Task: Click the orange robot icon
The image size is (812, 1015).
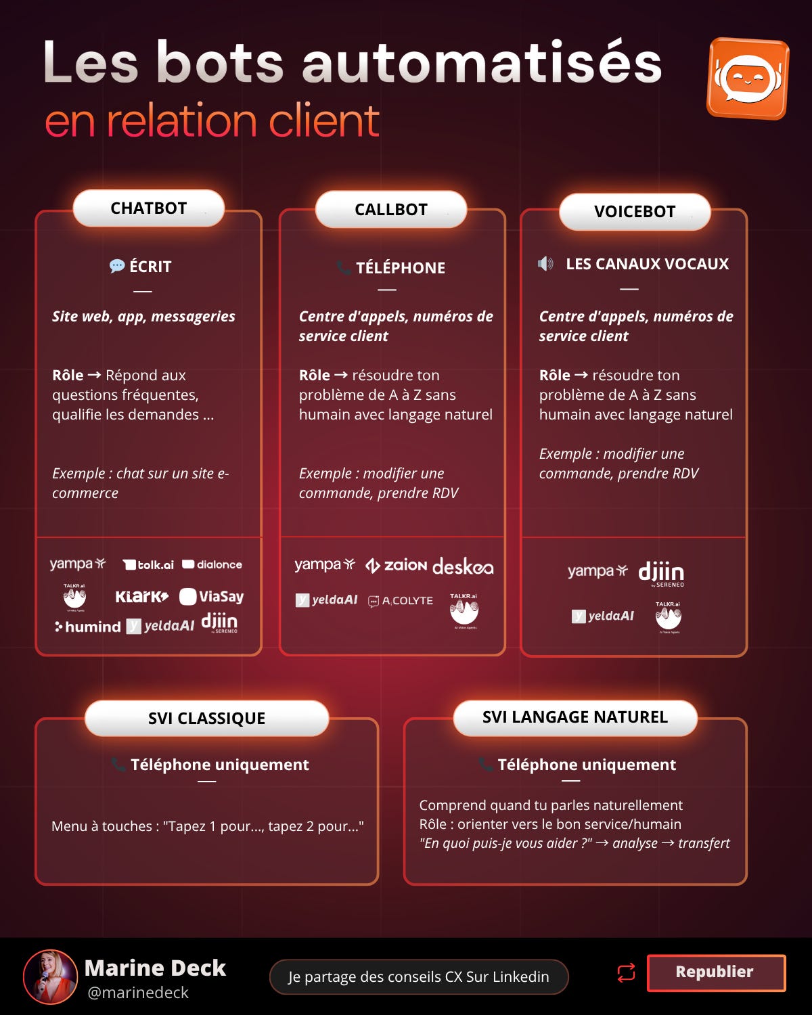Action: [748, 78]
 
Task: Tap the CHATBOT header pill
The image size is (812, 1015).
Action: [148, 208]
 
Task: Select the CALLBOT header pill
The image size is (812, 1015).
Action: [391, 210]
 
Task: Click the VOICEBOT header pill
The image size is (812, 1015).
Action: [635, 212]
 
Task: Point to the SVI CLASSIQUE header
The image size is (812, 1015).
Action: [206, 718]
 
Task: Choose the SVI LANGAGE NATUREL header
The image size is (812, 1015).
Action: [574, 717]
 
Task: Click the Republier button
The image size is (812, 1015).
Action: [715, 972]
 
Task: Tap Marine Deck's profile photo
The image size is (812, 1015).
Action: [50, 976]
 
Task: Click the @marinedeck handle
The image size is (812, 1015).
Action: [138, 993]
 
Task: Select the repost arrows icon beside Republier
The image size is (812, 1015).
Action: [626, 972]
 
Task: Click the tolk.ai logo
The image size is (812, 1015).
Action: [148, 564]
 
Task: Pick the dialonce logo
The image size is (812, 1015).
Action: [212, 564]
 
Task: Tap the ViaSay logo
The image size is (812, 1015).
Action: [211, 596]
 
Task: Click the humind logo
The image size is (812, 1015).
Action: [88, 627]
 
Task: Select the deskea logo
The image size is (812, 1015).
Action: [463, 566]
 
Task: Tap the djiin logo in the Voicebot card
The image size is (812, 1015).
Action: [661, 573]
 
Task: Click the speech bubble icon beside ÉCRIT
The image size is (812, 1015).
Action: [117, 266]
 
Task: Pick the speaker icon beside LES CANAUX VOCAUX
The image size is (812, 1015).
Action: [545, 263]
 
